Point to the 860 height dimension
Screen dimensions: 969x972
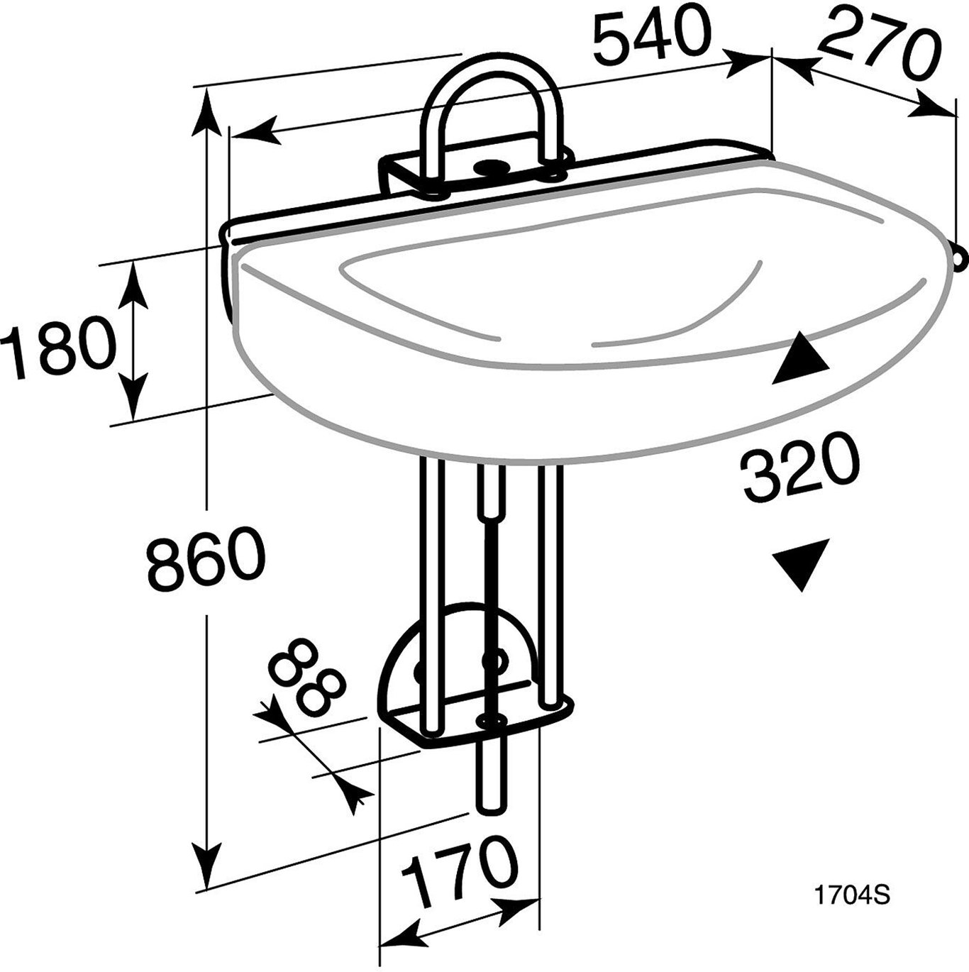point(206,559)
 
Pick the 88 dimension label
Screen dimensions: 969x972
point(306,678)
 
